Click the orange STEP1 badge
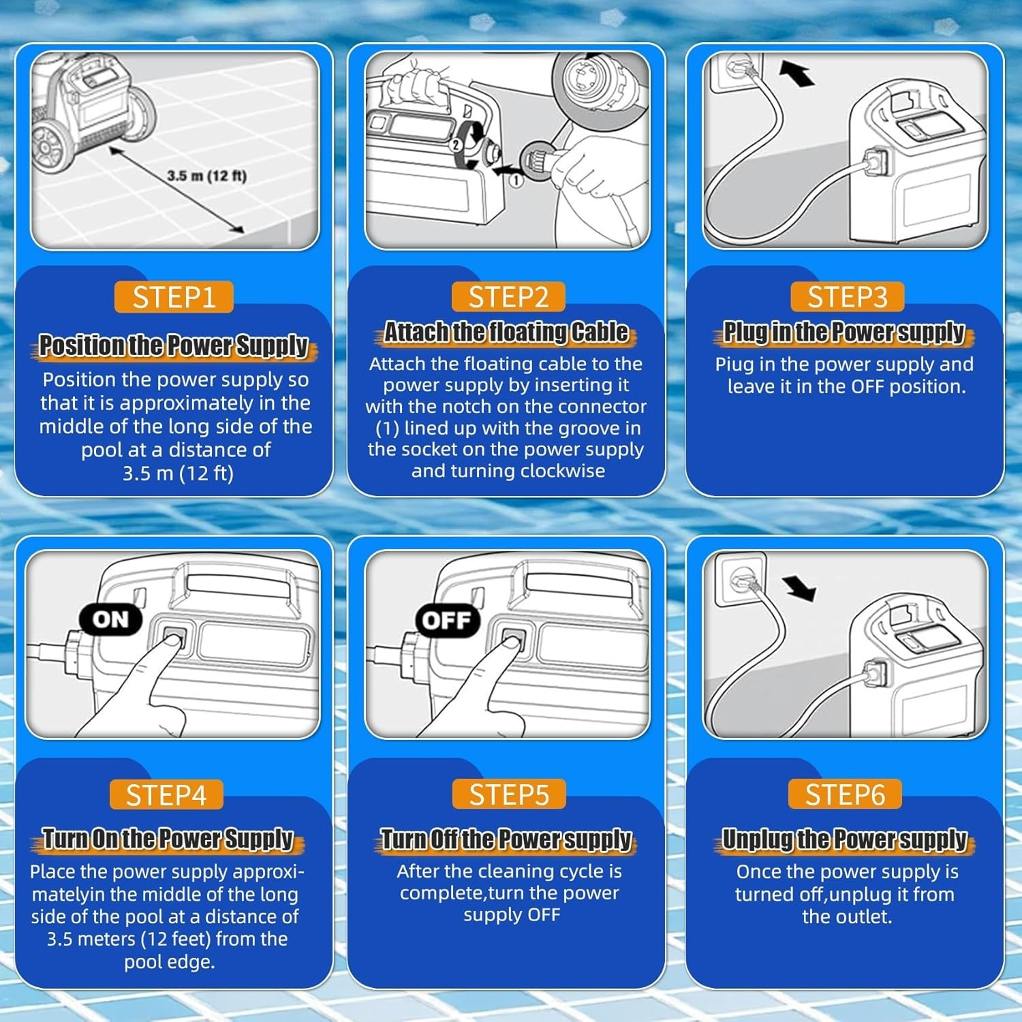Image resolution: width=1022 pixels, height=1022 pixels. (x=174, y=297)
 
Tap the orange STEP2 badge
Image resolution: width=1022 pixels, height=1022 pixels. (x=508, y=297)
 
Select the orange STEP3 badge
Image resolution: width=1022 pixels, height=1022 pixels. (x=848, y=297)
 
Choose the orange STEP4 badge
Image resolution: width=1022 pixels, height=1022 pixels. (x=166, y=795)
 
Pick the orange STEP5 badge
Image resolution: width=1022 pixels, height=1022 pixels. (x=508, y=794)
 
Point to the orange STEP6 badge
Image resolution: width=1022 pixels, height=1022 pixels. (x=845, y=794)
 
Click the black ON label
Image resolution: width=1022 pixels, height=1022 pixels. (x=110, y=619)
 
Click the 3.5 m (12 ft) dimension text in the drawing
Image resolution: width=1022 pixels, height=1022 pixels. (x=206, y=176)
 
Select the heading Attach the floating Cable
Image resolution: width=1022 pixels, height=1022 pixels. (x=506, y=332)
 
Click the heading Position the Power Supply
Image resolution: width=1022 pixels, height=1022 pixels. (x=174, y=346)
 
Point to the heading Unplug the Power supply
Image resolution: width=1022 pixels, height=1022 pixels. (x=845, y=839)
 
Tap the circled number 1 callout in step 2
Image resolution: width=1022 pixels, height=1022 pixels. (x=516, y=180)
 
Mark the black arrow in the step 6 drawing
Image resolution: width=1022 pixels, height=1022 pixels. (x=799, y=588)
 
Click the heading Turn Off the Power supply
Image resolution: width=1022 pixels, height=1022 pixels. (x=506, y=839)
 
